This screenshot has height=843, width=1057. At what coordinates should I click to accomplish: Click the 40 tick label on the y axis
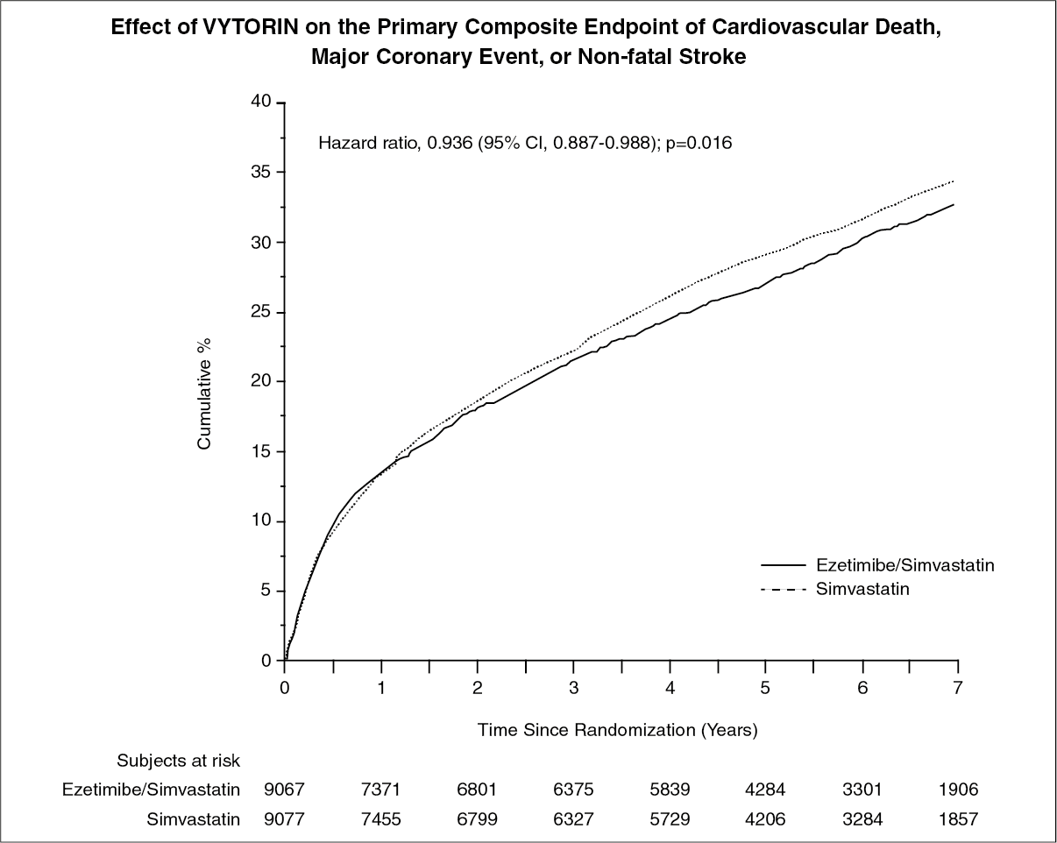pos(262,103)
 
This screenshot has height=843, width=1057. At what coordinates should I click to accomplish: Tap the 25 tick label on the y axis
pos(262,312)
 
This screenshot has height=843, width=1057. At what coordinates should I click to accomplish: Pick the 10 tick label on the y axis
pos(262,521)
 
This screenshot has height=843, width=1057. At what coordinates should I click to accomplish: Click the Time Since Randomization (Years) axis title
pos(617,729)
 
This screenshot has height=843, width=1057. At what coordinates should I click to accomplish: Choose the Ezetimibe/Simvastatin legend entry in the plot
pos(904,566)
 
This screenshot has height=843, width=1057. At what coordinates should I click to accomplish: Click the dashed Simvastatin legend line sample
pos(784,590)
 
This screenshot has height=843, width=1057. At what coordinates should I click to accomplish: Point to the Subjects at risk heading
pos(179,760)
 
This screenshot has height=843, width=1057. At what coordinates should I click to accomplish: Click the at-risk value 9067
pos(286,790)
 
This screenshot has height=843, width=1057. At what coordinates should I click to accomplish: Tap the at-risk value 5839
pos(670,790)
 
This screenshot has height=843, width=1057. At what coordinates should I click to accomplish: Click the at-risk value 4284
pos(765,790)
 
